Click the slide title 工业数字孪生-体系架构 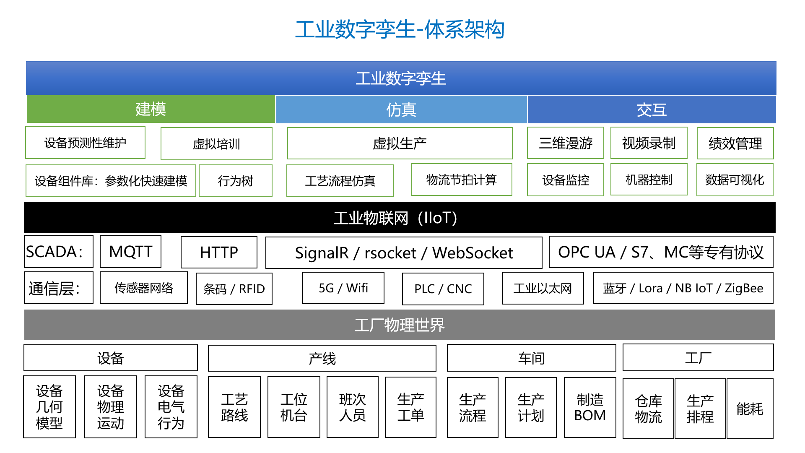pyautogui.click(x=400, y=29)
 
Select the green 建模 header pyautogui.click(x=151, y=109)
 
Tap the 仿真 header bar pyautogui.click(x=401, y=109)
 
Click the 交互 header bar pyautogui.click(x=652, y=109)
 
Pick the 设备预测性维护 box pyautogui.click(x=85, y=143)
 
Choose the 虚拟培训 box pyautogui.click(x=216, y=144)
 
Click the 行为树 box pyautogui.click(x=236, y=181)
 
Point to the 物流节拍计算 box pyautogui.click(x=462, y=180)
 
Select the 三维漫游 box pyautogui.click(x=566, y=143)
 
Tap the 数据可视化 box pyautogui.click(x=735, y=180)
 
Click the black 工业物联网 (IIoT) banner pyautogui.click(x=400, y=218)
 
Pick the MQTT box pyautogui.click(x=130, y=252)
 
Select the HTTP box pyautogui.click(x=219, y=253)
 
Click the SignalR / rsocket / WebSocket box pyautogui.click(x=404, y=253)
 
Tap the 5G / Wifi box pyautogui.click(x=343, y=288)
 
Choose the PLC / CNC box pyautogui.click(x=443, y=289)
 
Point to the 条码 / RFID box pyautogui.click(x=234, y=289)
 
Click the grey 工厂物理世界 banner pyautogui.click(x=400, y=325)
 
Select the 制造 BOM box pyautogui.click(x=590, y=408)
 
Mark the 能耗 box pyautogui.click(x=750, y=409)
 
